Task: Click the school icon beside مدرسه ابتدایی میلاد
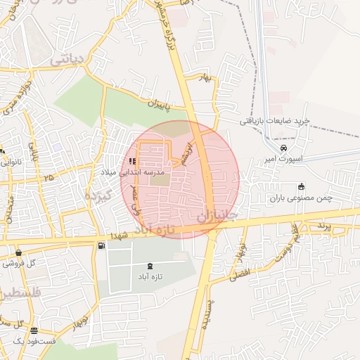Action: pyautogui.click(x=133, y=161)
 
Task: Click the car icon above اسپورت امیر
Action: pyautogui.click(x=283, y=149)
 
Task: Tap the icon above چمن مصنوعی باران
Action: pyautogui.click(x=302, y=186)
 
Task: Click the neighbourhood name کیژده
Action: pyautogui.click(x=98, y=196)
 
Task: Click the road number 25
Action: pyautogui.click(x=48, y=179)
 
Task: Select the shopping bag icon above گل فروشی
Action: pyautogui.click(x=18, y=252)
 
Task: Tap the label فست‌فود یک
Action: pyautogui.click(x=23, y=341)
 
